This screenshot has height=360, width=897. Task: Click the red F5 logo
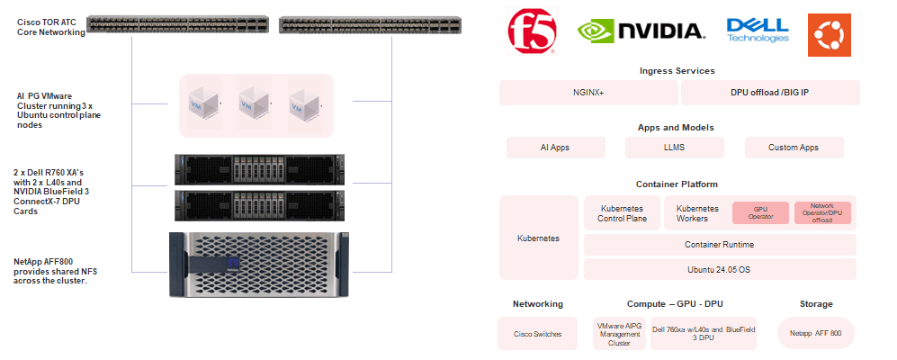533,31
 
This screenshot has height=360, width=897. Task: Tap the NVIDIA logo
641,31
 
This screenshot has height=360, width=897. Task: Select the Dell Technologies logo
757,31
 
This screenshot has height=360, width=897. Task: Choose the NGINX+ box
588,93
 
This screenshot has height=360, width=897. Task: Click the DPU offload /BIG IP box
769,93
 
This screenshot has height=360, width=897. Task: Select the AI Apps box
554,148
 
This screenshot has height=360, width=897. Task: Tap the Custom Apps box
794,148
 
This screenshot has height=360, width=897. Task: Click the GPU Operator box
760,212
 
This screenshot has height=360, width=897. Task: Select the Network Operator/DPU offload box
822,212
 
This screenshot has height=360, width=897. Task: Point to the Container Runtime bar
719,245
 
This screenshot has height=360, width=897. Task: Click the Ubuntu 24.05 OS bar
719,269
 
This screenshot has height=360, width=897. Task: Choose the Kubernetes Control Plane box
622,213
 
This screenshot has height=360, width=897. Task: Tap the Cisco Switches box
538,334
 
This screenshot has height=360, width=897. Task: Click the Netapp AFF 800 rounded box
815,334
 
